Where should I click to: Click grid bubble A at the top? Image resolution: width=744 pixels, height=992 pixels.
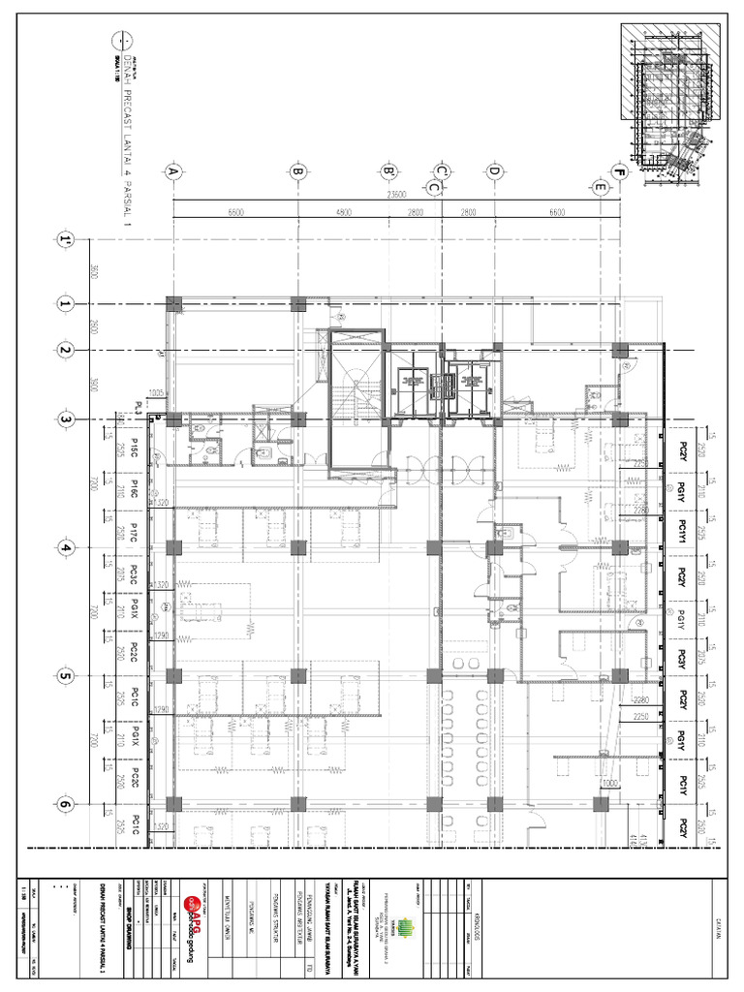pyautogui.click(x=174, y=172)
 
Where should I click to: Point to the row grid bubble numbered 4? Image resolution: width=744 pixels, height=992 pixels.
pyautogui.click(x=66, y=548)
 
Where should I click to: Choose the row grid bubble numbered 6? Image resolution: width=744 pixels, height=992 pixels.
pyautogui.click(x=66, y=803)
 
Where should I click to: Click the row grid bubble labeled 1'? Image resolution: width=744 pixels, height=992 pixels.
pyautogui.click(x=66, y=239)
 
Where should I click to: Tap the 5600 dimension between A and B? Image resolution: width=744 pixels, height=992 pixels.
pyautogui.click(x=235, y=211)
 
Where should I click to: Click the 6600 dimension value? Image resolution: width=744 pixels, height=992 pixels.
pyautogui.click(x=557, y=211)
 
